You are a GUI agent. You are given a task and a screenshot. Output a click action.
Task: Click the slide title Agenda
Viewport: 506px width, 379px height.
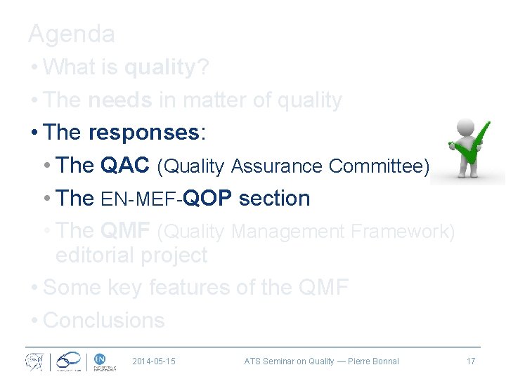(71, 33)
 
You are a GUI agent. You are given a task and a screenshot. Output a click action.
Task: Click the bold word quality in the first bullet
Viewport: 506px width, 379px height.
(159, 67)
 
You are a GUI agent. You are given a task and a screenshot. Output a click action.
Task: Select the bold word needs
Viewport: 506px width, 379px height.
(120, 100)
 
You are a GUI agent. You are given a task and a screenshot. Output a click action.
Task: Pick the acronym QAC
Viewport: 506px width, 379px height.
(125, 165)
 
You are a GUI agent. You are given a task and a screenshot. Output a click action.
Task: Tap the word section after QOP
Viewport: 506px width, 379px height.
(274, 198)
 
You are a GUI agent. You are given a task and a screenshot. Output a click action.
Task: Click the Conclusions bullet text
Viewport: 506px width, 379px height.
(104, 320)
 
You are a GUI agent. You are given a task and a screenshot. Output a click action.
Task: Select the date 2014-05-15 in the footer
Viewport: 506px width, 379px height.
(154, 361)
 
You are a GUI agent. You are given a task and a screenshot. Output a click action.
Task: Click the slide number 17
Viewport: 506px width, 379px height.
(470, 361)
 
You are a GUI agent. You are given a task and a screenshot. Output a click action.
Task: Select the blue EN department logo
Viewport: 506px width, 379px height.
(99, 358)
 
